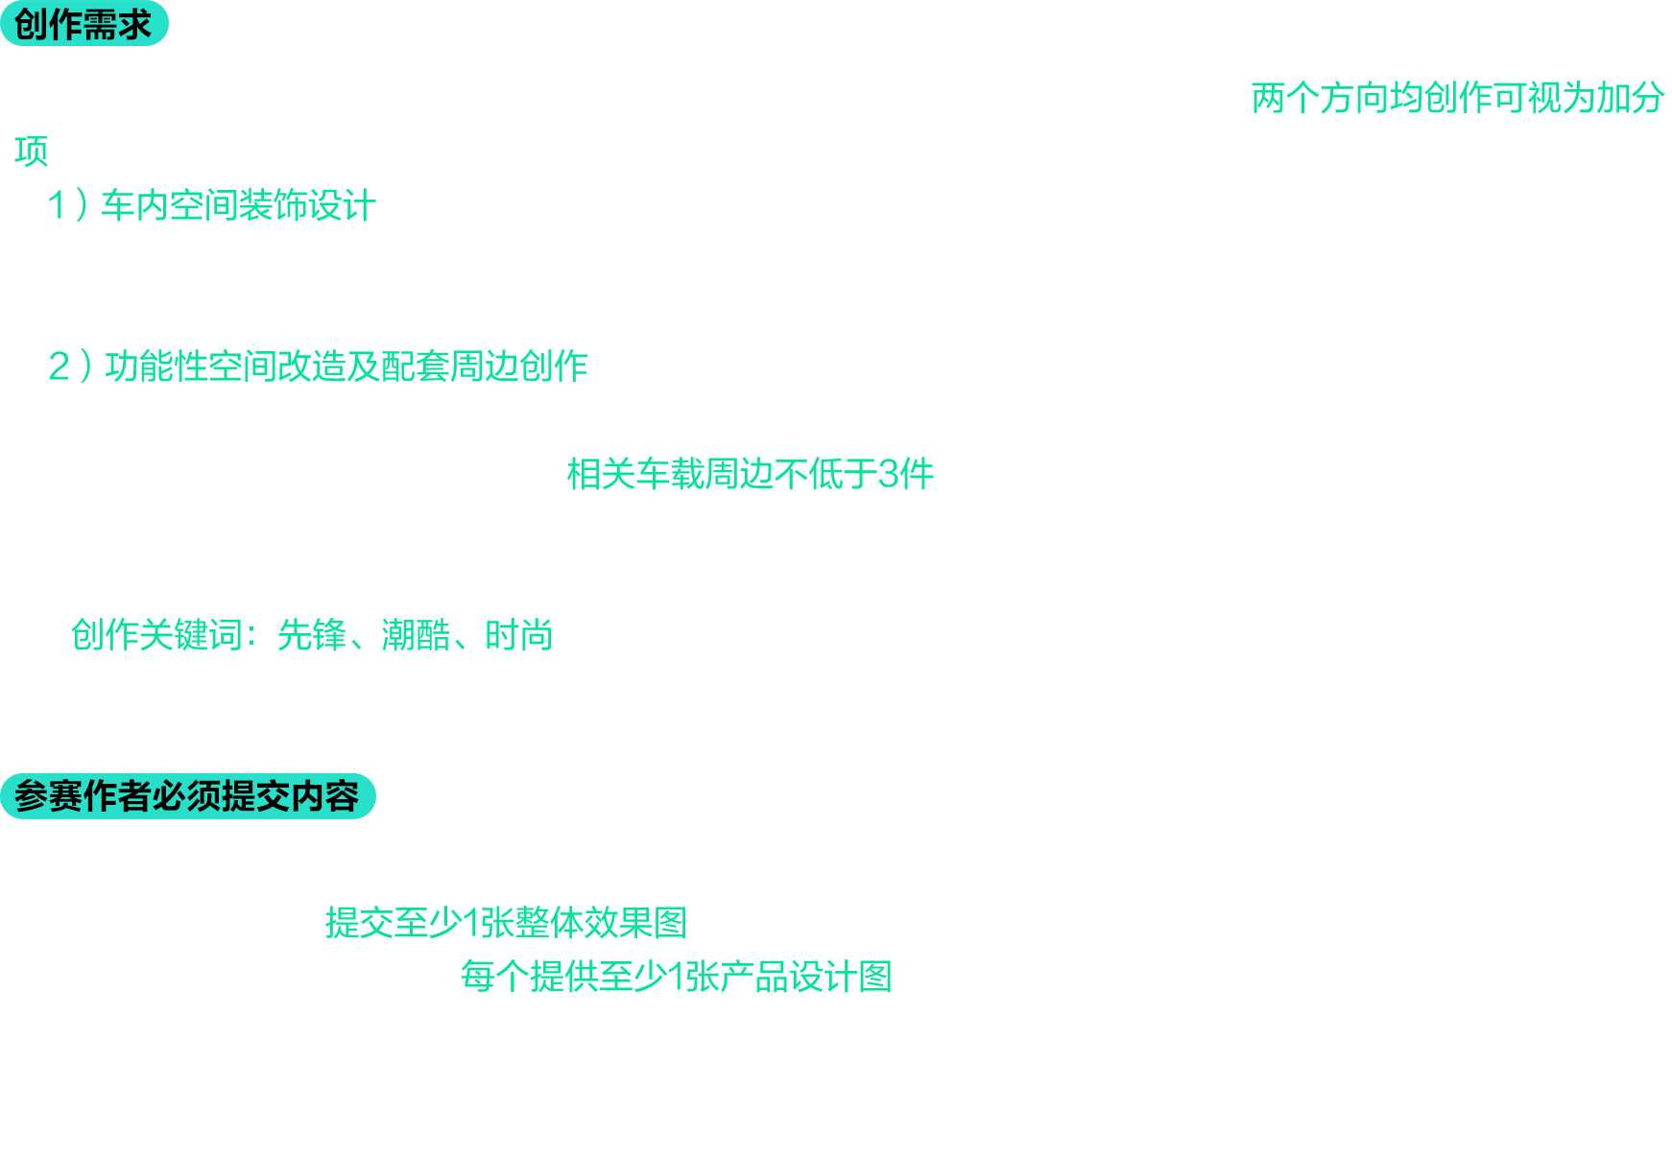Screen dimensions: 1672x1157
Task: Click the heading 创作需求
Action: pos(83,25)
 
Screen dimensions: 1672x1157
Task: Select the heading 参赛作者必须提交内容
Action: pos(186,796)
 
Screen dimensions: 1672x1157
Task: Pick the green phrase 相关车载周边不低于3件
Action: pos(751,474)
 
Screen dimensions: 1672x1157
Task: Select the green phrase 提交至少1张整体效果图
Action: pos(507,923)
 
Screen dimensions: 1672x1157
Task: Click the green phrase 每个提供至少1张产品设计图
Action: pos(677,977)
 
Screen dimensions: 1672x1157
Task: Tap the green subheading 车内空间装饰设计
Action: pos(238,205)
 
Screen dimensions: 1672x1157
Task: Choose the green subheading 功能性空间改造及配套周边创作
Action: pos(346,366)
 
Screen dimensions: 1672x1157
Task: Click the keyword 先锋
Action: pos(312,635)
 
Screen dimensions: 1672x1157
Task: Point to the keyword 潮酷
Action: pos(416,635)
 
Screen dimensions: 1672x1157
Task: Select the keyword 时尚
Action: pos(519,635)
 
